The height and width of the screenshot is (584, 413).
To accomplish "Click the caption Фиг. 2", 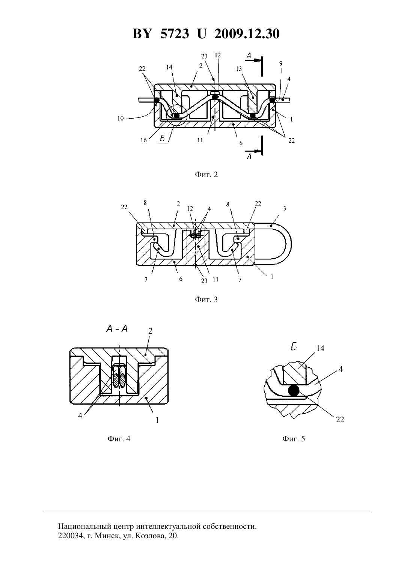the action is [x=206, y=175].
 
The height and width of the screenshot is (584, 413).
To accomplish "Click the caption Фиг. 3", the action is [x=206, y=299].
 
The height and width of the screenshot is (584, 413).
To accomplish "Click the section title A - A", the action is [x=117, y=329].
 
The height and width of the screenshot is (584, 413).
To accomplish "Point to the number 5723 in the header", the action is [x=175, y=34].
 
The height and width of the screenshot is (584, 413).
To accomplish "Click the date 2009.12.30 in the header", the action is [x=247, y=34].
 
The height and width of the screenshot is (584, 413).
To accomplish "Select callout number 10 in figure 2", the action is [x=120, y=119].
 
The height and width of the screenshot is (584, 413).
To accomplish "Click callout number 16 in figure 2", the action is [x=143, y=140].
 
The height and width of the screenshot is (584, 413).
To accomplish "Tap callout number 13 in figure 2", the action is [x=239, y=69].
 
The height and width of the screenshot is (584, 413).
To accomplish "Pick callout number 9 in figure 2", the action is [x=280, y=63].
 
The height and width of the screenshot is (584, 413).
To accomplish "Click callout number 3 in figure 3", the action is [x=285, y=208].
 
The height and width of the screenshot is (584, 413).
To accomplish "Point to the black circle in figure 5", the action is [x=294, y=391].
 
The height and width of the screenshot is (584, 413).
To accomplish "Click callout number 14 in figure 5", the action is [x=320, y=348].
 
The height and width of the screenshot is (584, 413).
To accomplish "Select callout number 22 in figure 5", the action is [x=340, y=419].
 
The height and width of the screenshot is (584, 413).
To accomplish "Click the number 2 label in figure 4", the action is [x=150, y=331].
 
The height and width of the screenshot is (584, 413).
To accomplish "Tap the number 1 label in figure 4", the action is [x=157, y=420].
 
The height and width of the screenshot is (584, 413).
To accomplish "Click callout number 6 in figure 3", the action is [x=181, y=279].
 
